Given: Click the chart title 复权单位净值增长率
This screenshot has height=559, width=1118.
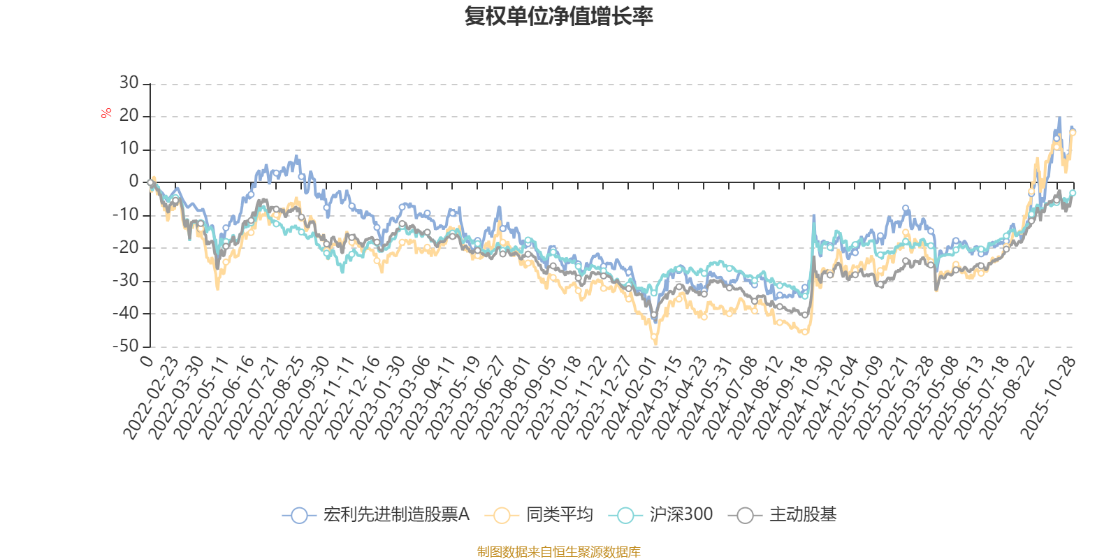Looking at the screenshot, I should click(558, 16).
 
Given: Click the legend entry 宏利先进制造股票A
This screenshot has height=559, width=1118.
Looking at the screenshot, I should click(395, 515).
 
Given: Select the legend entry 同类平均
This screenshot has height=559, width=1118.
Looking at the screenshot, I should click(559, 515).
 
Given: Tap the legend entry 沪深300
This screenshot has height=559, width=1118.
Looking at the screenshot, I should click(681, 515).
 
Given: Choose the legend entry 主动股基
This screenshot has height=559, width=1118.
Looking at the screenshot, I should click(802, 515).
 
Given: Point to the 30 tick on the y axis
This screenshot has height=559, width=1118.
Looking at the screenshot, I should click(129, 83).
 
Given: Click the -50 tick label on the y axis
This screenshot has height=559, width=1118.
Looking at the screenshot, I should click(126, 346).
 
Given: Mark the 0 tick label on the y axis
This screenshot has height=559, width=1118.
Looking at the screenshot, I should click(133, 182).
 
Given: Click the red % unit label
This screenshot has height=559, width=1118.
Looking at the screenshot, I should click(106, 113).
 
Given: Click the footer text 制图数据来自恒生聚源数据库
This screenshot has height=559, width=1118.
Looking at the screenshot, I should click(558, 552).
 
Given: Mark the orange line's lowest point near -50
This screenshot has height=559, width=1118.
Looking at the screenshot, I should click(655, 344).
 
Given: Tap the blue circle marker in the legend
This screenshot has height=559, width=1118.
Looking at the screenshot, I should click(299, 516).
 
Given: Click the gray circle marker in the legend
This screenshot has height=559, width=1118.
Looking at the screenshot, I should click(746, 516).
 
